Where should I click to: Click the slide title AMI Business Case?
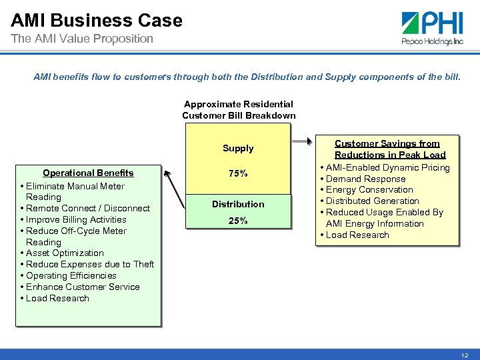pos(97,20)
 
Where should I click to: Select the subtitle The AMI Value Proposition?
pos(82,39)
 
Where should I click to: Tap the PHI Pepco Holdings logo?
pos(433,28)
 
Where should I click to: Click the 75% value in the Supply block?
pos(238,173)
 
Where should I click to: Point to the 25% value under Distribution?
pos(238,221)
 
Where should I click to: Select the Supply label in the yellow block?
pos(238,148)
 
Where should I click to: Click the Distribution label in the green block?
pos(238,204)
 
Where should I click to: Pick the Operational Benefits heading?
pos(88,173)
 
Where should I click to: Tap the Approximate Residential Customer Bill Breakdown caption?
pos(239,110)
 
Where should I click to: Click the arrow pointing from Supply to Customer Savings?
pos(304,141)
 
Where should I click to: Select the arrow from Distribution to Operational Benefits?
pos(177,190)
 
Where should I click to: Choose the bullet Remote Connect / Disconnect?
pos(87,208)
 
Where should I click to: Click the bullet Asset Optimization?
pos(64,253)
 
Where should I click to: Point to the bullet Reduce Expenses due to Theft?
pos(89,264)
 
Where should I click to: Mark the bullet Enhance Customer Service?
pos(82,287)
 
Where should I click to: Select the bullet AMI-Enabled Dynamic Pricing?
pos(387,167)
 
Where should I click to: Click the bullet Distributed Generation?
pos(372,201)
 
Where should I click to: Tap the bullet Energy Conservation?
pos(369,189)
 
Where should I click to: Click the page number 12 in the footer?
pos(465,355)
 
